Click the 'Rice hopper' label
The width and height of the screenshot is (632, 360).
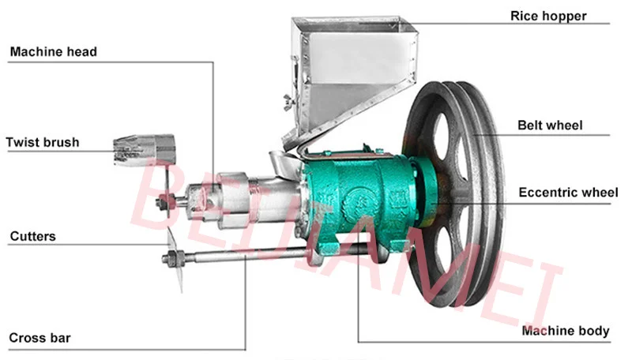click(547, 16)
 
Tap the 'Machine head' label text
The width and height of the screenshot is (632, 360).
click(53, 51)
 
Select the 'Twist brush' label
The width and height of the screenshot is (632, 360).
click(43, 142)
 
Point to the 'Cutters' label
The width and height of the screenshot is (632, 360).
click(32, 236)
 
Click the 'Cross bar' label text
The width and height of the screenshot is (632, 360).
click(39, 337)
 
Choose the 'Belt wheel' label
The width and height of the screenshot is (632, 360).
click(550, 126)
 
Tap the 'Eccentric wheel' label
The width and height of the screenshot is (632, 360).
click(568, 193)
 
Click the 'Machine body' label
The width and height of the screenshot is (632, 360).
click(565, 331)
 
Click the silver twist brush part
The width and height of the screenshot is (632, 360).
click(145, 150)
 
